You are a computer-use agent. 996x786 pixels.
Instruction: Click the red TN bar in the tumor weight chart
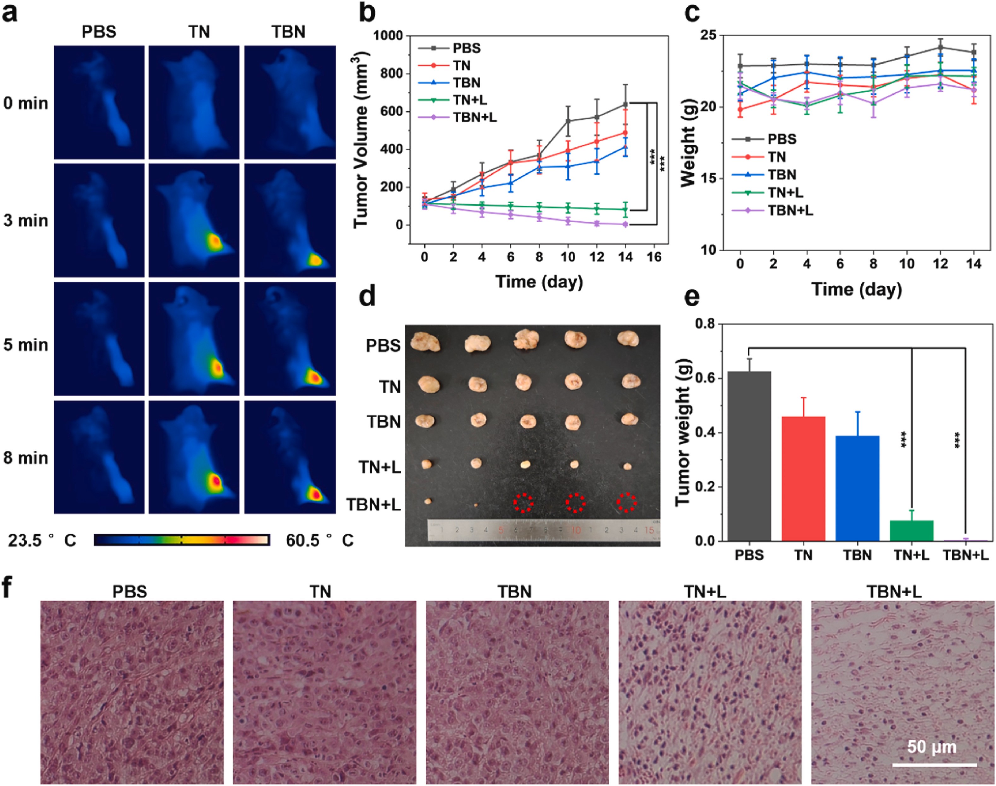803,479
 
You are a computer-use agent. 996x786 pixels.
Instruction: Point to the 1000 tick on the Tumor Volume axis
388,35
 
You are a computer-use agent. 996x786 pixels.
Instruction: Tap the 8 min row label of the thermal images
26,458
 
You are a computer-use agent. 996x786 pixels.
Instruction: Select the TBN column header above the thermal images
288,32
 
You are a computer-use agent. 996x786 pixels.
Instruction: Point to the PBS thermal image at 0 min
99,102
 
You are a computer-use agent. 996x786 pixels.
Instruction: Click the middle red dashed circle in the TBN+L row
575,503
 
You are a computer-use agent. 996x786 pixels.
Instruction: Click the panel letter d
367,296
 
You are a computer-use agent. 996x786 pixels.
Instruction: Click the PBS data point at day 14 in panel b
625,104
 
